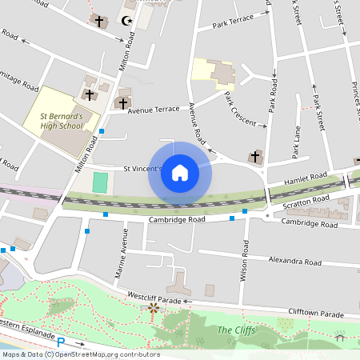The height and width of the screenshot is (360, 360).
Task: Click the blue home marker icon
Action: [x=180, y=173]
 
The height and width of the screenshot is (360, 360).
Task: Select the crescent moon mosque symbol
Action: [x=125, y=20]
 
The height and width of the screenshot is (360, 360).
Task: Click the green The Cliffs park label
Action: [x=235, y=330]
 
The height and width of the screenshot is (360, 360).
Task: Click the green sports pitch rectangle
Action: [x=99, y=182]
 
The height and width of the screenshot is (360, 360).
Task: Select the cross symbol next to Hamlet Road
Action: [x=256, y=156]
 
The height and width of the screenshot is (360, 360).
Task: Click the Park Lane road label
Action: [x=297, y=146]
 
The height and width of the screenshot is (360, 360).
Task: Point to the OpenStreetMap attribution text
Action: [x=80, y=354]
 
